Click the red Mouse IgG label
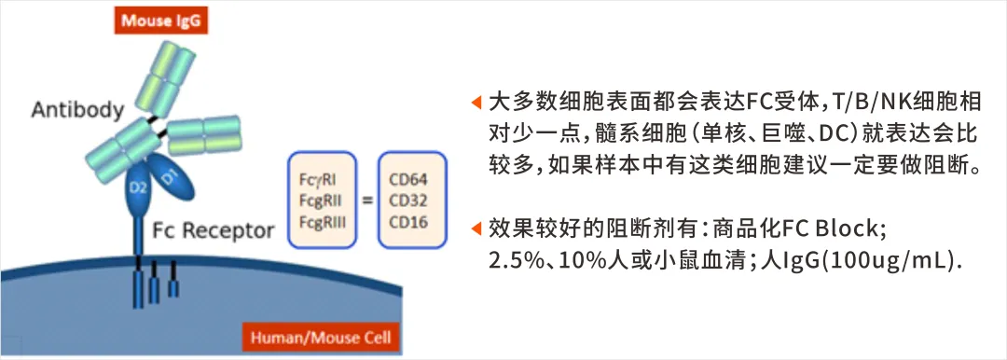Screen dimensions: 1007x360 click(x=161, y=21)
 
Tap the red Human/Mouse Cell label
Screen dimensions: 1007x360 click(x=321, y=338)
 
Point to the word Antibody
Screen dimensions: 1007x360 click(x=77, y=110)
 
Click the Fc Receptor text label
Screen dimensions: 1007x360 click(x=214, y=230)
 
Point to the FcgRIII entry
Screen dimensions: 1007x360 click(x=323, y=222)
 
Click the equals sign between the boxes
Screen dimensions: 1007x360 click(x=367, y=201)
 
